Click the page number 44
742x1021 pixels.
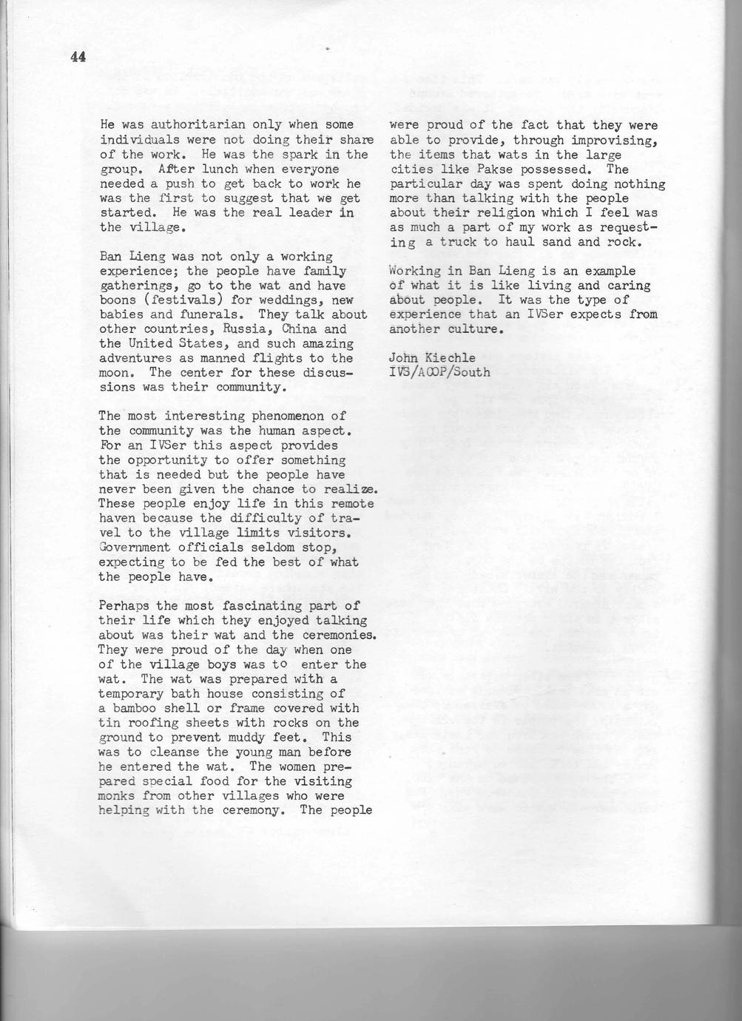tap(78, 58)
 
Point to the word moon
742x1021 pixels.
tap(115, 373)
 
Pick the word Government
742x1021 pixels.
tap(135, 547)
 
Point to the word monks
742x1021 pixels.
tap(117, 796)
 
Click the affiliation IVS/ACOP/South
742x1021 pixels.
tap(439, 372)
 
